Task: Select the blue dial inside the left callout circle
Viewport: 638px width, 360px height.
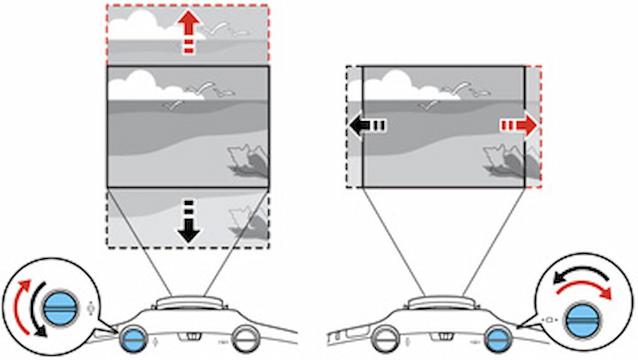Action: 60,307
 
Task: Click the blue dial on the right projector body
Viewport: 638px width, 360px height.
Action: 498,339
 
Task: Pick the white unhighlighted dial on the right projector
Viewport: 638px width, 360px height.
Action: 385,339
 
